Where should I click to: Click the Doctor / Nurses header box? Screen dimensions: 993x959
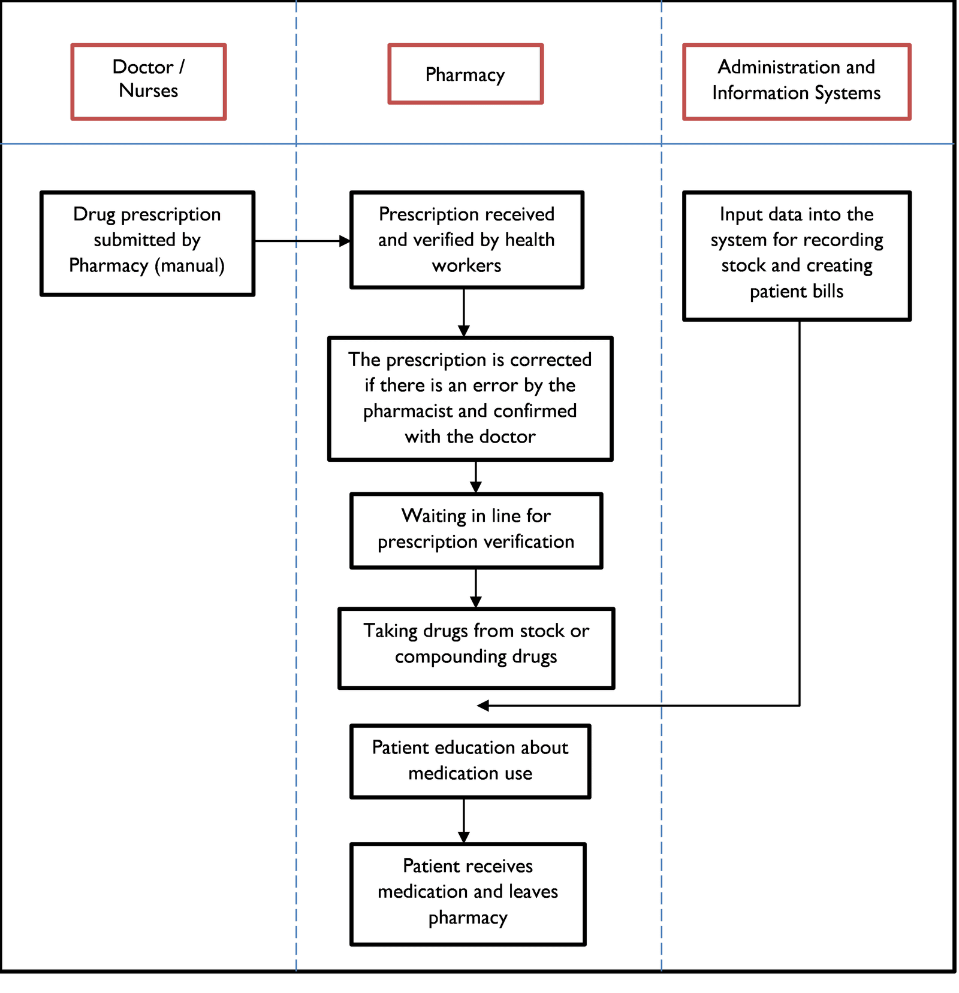[x=148, y=81]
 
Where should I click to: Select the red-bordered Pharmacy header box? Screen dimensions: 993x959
[x=465, y=74]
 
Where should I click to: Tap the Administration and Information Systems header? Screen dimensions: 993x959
[x=796, y=81]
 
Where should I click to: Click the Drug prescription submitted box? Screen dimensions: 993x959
[x=147, y=243]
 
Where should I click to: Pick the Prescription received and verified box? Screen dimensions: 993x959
[x=466, y=240]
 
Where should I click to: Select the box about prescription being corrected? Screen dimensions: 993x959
[x=470, y=398]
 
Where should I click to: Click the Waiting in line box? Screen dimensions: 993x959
[x=476, y=531]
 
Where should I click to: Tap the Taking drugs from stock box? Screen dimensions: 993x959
[x=476, y=648]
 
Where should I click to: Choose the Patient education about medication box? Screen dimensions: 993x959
[x=470, y=761]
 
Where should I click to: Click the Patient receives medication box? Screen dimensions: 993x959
[x=468, y=894]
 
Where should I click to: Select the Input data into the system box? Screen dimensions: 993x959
[x=796, y=256]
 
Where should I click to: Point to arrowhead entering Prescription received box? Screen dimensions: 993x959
[x=345, y=241]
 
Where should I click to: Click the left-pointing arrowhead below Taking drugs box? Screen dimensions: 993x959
[x=483, y=706]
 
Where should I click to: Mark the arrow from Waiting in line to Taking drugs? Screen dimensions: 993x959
[x=476, y=588]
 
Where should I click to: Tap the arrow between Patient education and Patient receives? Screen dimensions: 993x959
[x=464, y=820]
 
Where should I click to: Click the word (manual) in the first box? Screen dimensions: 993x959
[x=189, y=265]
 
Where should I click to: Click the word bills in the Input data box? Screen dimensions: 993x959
[x=828, y=292]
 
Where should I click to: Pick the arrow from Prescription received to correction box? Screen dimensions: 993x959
[x=464, y=312]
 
